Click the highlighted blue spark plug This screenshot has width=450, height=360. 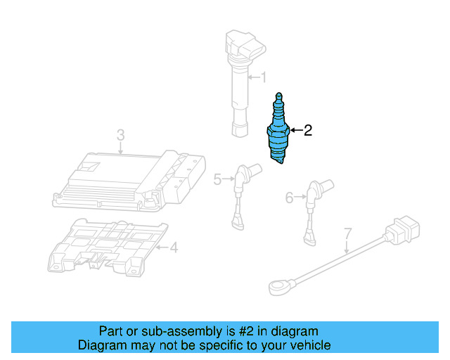(x=278, y=134)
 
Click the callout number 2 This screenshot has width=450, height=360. (x=307, y=130)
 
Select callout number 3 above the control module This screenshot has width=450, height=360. (x=120, y=134)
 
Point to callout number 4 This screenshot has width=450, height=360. (x=174, y=247)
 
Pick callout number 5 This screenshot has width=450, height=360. (x=217, y=180)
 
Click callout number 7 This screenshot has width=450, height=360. (x=347, y=233)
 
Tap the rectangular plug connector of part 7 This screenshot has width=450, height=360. (x=403, y=232)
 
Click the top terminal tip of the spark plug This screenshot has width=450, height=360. (x=279, y=95)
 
